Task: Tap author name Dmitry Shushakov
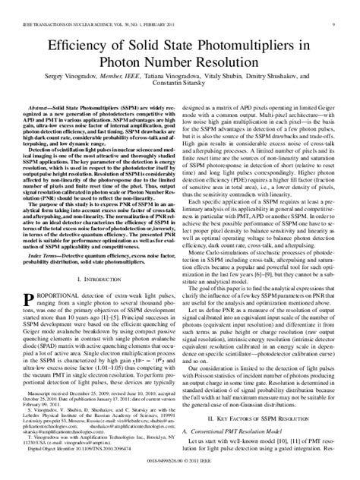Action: [x=292, y=80]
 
